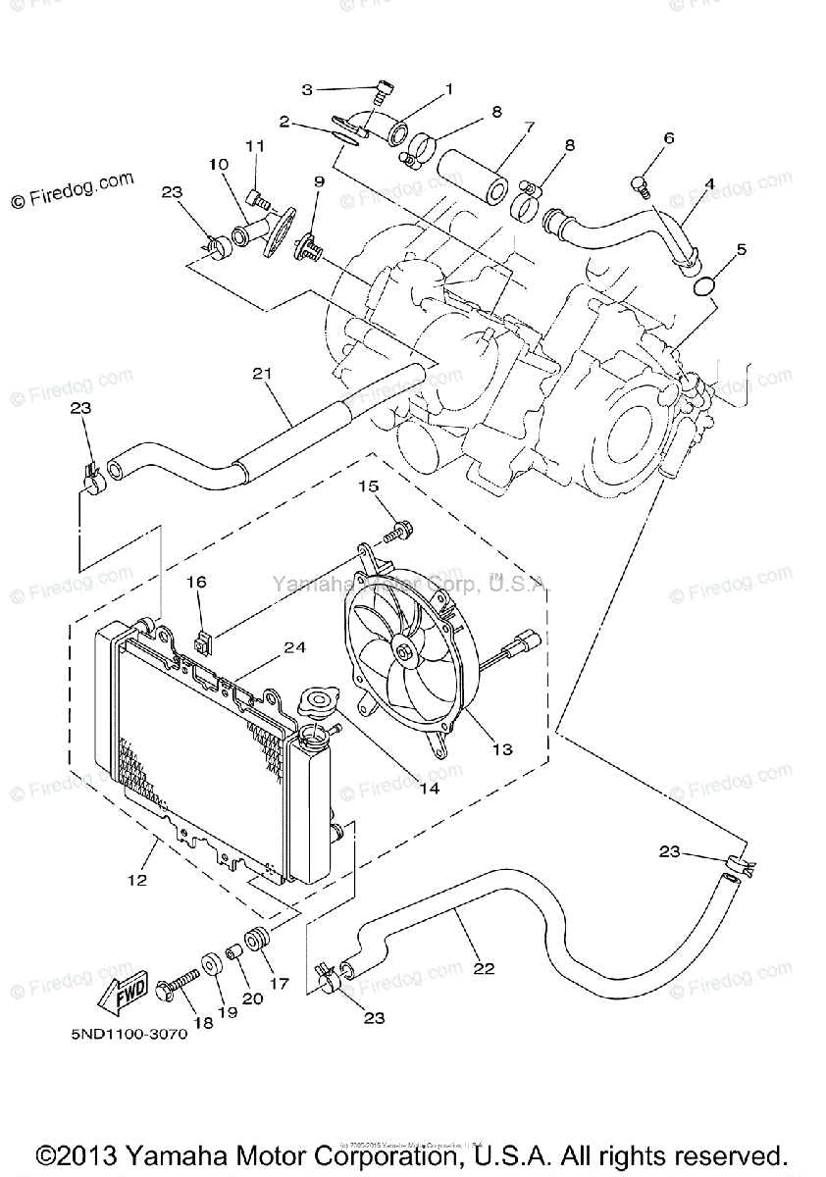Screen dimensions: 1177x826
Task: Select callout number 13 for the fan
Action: tap(502, 750)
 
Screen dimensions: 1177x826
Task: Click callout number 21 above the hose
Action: tap(260, 373)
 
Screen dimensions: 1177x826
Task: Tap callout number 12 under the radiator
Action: tap(136, 881)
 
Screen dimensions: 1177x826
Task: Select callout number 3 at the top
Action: tap(306, 89)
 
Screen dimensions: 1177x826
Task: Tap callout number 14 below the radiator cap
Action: tap(427, 787)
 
